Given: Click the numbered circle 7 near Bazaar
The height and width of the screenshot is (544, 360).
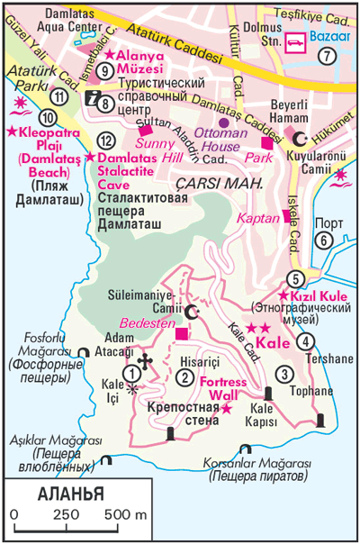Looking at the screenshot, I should (x=327, y=56).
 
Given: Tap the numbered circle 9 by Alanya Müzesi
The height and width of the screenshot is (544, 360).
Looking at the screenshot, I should (x=105, y=71).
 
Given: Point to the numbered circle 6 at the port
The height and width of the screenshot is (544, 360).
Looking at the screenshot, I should (x=322, y=240).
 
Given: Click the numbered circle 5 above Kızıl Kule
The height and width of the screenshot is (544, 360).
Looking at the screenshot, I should (x=294, y=279).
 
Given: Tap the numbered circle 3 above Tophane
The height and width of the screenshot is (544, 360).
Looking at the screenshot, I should (x=285, y=375).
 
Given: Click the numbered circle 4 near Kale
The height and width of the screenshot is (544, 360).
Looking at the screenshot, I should (x=307, y=340).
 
